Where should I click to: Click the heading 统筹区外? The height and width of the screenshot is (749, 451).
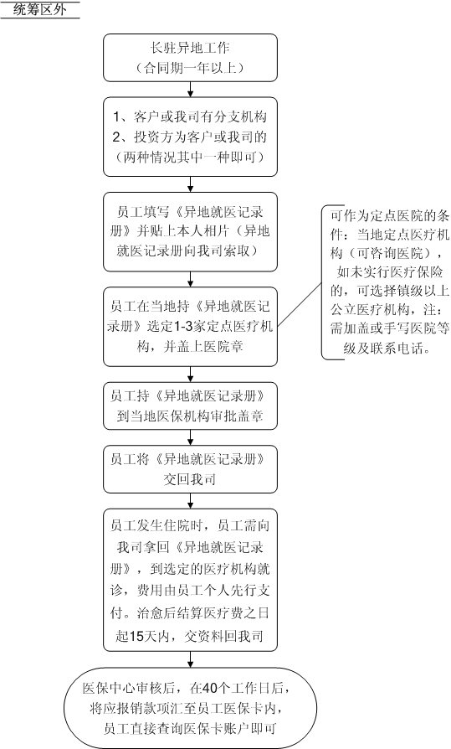(x=39, y=9)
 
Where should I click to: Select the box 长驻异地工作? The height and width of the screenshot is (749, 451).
(x=191, y=58)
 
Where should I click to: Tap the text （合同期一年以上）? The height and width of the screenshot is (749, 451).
(x=190, y=68)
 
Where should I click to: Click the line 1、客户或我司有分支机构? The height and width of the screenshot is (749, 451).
(x=190, y=117)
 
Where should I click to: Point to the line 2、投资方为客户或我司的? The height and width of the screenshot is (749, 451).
(x=190, y=137)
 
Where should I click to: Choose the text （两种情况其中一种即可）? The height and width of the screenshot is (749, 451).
(x=190, y=158)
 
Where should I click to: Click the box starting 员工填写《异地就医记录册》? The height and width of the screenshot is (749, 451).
(x=191, y=232)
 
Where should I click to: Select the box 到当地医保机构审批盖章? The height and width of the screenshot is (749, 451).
(x=191, y=405)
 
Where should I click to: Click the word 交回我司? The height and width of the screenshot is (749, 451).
(x=190, y=479)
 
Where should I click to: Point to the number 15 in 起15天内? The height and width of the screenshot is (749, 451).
(x=136, y=636)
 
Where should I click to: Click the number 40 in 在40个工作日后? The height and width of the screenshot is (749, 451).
(x=210, y=688)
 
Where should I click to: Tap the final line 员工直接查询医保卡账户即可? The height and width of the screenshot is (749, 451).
(x=190, y=728)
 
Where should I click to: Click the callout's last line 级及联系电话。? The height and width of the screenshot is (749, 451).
(x=387, y=349)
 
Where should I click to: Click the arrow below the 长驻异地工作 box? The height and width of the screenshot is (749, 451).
(x=191, y=90)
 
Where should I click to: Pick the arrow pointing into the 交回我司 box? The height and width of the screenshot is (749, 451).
(x=191, y=437)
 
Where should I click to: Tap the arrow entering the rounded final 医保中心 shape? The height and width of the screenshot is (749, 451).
(x=191, y=659)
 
